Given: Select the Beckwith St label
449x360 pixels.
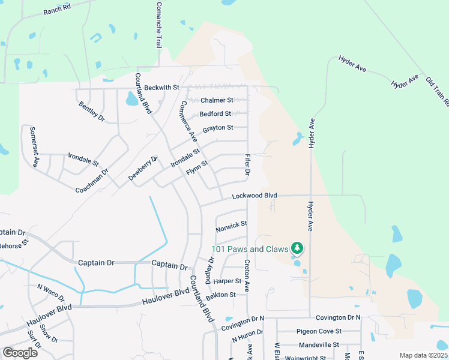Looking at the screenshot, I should click(x=162, y=88).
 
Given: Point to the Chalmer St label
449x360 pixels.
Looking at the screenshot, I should click(x=217, y=100).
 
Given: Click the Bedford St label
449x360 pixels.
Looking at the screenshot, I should click(x=215, y=113).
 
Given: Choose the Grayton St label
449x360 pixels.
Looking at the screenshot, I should click(x=217, y=128).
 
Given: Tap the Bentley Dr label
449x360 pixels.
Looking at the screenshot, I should click(x=92, y=112).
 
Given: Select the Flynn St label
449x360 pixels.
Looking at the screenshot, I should click(x=197, y=167).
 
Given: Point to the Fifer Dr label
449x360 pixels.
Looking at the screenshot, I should click(x=247, y=165).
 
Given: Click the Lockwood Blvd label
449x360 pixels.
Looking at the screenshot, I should click(x=255, y=196).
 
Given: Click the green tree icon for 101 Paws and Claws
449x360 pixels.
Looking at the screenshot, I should click(x=296, y=248).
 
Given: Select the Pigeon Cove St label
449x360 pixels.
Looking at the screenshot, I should click(x=319, y=331).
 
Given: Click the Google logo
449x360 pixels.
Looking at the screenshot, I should click(x=20, y=353).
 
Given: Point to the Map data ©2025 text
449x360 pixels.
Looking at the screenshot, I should click(x=423, y=355).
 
